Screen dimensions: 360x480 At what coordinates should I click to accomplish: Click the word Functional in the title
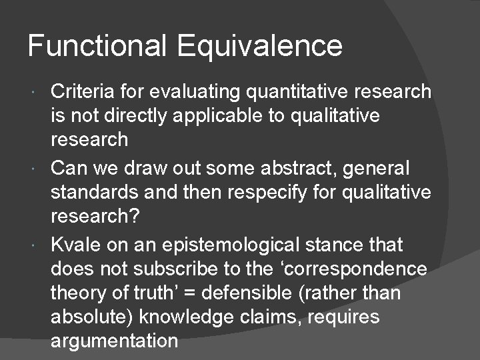pos(98,46)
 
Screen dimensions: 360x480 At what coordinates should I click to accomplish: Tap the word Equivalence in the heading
pos(259,46)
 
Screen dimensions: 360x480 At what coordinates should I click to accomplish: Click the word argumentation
pos(114,341)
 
